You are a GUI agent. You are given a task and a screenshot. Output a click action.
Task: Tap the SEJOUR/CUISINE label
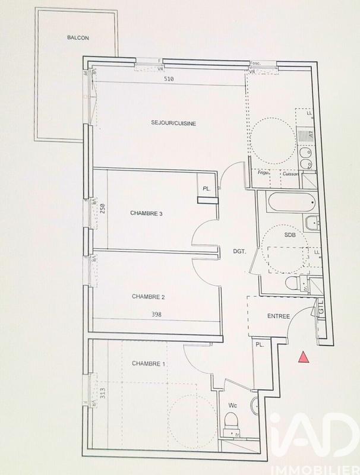tap(172, 123)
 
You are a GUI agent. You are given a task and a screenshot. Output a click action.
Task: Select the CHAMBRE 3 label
tap(146, 214)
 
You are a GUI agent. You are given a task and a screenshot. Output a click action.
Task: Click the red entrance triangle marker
tap(304, 357)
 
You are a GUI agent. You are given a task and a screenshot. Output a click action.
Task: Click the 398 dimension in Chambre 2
tap(156, 315)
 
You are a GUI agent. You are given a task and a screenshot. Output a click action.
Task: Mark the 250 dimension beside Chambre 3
tap(103, 209)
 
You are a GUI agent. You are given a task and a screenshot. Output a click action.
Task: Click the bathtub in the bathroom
tap(289, 203)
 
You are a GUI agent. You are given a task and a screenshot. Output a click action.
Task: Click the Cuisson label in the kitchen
tap(291, 174)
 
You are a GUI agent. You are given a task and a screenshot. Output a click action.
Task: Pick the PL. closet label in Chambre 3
tap(206, 189)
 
